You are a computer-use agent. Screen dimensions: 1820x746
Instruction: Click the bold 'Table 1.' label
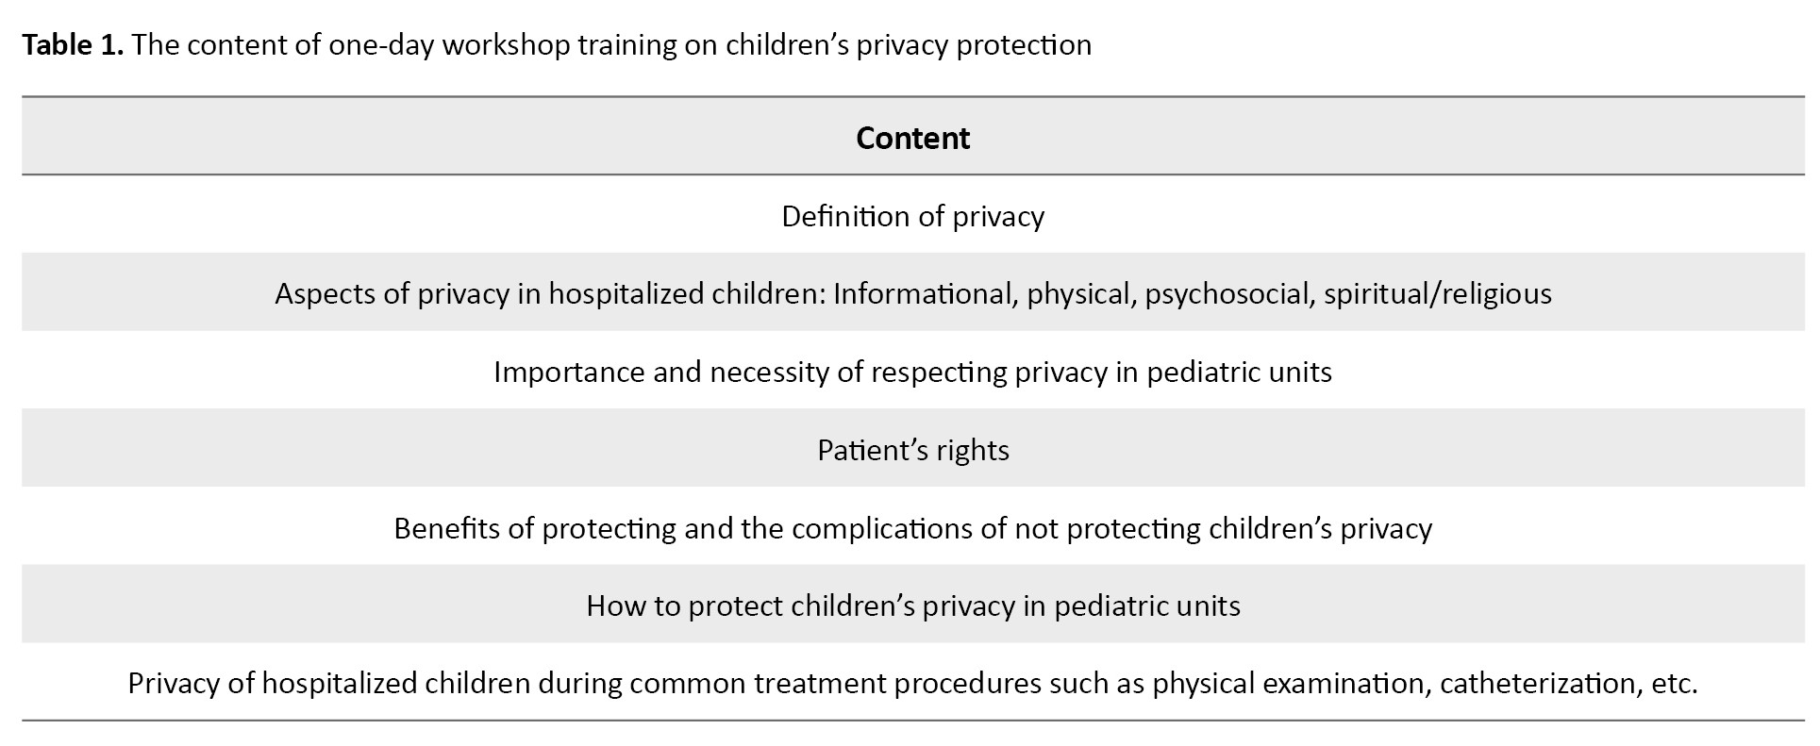tap(73, 44)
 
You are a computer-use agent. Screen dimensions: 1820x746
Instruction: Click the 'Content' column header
tap(912, 138)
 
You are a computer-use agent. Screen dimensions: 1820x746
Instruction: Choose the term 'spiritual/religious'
tap(1438, 294)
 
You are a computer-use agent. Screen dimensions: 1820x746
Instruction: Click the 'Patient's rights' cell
tap(913, 450)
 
